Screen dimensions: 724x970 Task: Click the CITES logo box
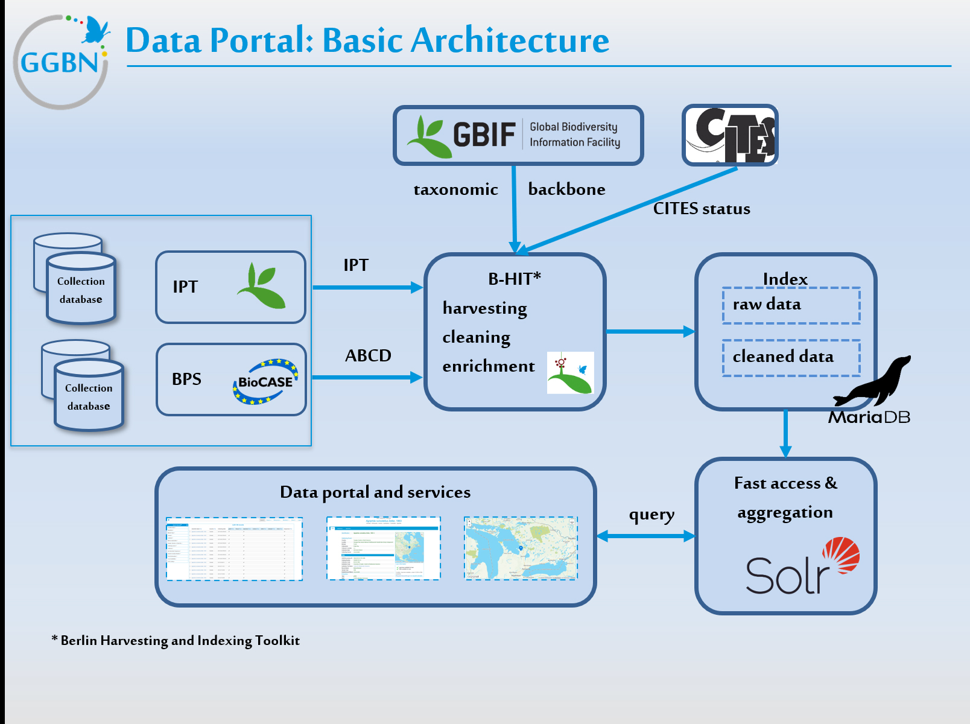point(730,135)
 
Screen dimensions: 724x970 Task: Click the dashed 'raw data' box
point(791,305)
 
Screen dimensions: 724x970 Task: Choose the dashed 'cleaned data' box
point(791,358)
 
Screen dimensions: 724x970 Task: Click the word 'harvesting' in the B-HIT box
point(484,308)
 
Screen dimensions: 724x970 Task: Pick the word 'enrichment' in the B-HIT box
point(489,366)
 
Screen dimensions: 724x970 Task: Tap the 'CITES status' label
point(702,209)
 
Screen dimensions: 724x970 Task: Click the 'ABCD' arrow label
point(368,355)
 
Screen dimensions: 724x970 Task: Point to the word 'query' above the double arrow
point(651,515)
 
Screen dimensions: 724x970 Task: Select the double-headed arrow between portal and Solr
point(645,536)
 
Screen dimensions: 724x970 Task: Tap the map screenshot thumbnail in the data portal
point(521,548)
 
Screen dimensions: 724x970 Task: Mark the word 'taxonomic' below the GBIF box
point(455,189)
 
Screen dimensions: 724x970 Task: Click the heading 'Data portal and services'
point(375,492)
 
